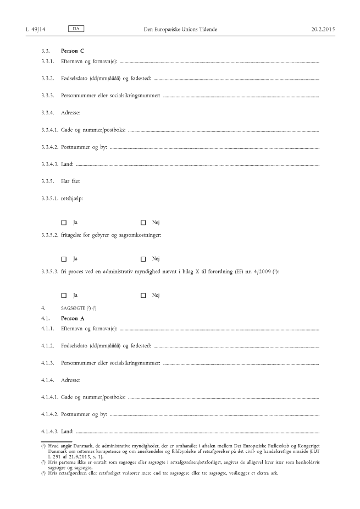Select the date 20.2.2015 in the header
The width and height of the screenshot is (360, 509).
(322, 28)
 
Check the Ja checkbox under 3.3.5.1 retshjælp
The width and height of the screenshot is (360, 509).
(64, 223)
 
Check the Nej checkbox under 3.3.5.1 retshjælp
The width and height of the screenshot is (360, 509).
(143, 223)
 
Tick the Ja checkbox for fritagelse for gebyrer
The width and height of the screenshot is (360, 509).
(64, 259)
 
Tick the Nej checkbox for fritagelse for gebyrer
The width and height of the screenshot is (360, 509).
(143, 259)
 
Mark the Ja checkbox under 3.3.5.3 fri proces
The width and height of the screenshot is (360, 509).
(64, 295)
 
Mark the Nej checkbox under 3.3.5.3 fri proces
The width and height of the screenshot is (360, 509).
(143, 295)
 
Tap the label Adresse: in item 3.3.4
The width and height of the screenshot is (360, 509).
(71, 113)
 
